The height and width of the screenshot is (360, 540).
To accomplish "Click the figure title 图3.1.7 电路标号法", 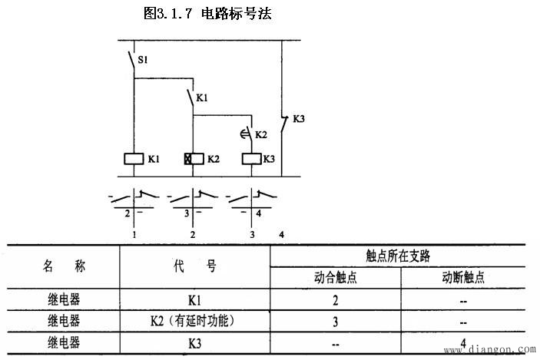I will coord(207,13).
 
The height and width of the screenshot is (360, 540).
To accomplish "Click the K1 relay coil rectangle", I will coord(134,160).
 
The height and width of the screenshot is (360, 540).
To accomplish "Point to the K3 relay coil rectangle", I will coord(250,160).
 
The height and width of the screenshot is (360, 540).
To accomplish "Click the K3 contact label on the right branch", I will coord(300,119).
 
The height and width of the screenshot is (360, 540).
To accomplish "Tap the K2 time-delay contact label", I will coord(261,135).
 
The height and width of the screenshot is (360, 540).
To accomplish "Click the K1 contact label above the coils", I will coord(203,98).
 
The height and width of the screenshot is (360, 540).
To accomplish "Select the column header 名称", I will coord(63,266).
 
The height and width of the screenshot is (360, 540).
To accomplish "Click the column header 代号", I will coord(194,266).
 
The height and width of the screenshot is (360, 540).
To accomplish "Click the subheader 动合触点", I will coord(335,278).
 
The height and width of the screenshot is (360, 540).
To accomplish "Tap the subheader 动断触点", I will coord(464,278).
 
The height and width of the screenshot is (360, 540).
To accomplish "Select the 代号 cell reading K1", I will coord(194,300).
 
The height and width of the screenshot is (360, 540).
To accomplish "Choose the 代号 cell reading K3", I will coord(194,342).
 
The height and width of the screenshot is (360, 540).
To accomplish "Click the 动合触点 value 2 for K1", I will coord(335,300).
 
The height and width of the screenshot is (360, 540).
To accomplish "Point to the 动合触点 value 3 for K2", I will coord(335,321).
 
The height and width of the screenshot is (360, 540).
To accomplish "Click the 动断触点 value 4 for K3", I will coord(464,342).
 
